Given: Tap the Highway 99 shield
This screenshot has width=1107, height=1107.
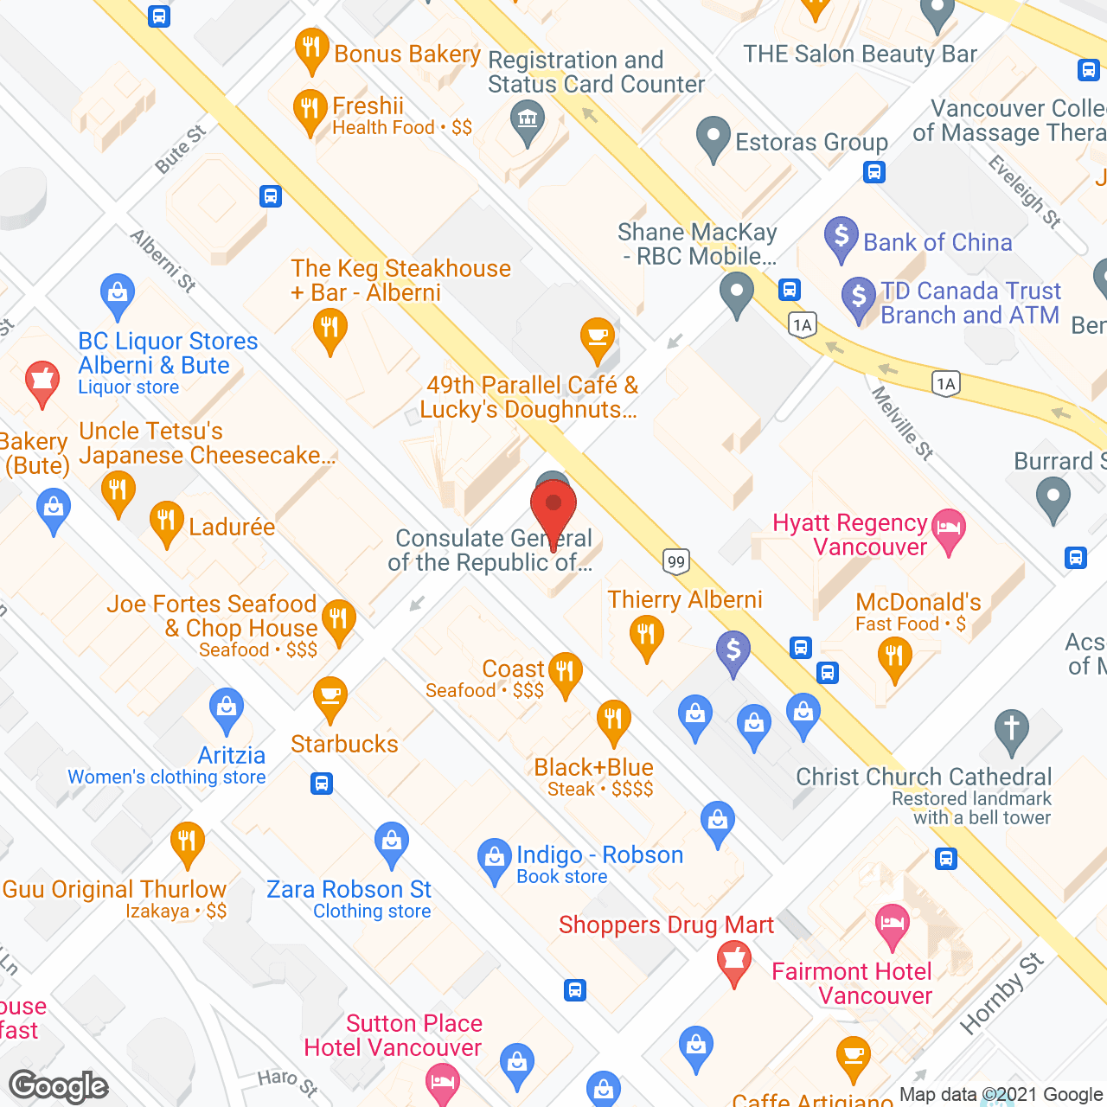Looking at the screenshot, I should [x=676, y=561].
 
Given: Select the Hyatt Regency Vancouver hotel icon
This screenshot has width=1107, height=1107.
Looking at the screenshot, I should [x=949, y=528].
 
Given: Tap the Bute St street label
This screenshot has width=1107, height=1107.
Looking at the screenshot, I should [x=181, y=149].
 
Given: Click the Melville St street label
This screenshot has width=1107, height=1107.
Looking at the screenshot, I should [x=902, y=423].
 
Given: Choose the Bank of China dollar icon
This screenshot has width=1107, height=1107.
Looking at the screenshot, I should [x=841, y=237].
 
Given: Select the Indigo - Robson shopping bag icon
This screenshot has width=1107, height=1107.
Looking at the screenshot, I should [x=494, y=859].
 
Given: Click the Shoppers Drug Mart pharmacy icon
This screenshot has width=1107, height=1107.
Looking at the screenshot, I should [x=734, y=962].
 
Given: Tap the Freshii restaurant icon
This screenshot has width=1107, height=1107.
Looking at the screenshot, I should [x=310, y=111].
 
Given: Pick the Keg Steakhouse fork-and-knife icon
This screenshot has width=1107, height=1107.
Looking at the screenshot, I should [x=330, y=330].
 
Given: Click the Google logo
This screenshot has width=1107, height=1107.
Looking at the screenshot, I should [x=59, y=1086].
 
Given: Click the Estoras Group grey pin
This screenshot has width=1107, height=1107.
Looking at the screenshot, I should [x=713, y=138].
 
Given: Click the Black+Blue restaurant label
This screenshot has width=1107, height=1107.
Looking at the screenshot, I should [x=593, y=767].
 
